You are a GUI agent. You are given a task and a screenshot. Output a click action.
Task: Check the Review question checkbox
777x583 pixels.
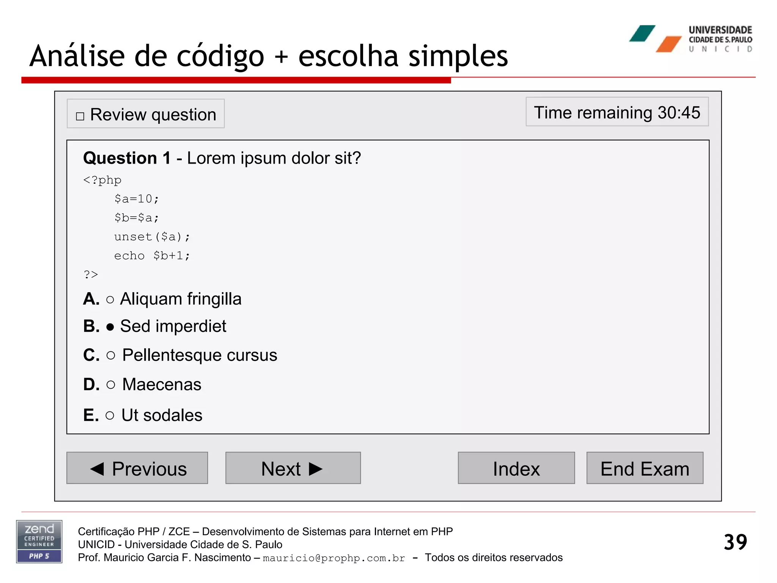point(80,116)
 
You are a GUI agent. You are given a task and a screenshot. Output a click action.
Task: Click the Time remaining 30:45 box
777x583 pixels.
point(617,112)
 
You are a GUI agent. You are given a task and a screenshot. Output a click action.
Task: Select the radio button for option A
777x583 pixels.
point(110,300)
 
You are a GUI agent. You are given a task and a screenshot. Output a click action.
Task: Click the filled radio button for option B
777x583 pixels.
point(110,327)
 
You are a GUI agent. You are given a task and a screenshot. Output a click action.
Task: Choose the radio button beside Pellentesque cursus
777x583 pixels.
point(111,356)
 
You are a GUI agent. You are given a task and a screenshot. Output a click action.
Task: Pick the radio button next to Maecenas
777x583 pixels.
point(111,385)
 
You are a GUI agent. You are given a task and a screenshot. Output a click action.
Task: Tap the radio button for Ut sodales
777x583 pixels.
point(110,416)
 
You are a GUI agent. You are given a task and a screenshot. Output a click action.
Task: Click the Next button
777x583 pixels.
point(293,468)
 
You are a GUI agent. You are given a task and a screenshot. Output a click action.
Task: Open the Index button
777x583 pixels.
point(516,468)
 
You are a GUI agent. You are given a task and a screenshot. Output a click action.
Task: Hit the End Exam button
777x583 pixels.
point(645,468)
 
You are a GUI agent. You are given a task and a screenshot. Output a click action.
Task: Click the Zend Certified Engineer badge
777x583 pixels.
point(39,541)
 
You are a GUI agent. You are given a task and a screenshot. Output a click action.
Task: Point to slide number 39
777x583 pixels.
point(735,542)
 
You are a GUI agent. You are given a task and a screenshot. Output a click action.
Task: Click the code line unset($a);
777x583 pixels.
point(152,237)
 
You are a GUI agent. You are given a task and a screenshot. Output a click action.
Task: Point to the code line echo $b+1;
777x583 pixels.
point(152,256)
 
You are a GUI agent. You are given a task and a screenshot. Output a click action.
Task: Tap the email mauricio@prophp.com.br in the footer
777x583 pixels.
point(334,558)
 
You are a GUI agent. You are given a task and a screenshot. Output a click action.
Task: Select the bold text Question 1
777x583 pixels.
point(127,158)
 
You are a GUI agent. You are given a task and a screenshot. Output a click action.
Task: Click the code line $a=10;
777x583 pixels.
point(137,199)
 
